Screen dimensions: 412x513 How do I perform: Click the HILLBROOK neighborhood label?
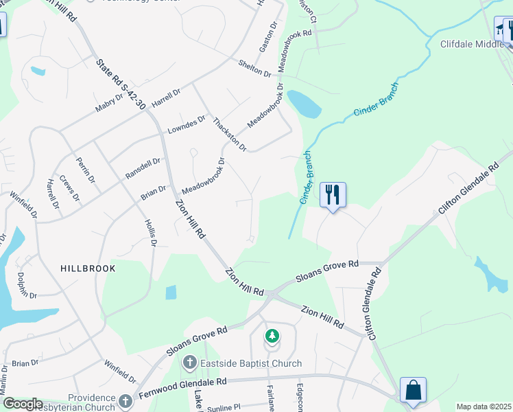[x=87, y=268]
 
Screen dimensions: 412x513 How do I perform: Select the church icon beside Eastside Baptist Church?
[x=190, y=362]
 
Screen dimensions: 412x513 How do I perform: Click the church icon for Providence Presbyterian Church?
[x=125, y=400]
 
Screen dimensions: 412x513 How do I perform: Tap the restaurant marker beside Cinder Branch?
[x=333, y=195]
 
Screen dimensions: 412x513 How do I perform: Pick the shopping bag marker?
[x=413, y=390]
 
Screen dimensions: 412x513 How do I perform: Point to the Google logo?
[x=22, y=404]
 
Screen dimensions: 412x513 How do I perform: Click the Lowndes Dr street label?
[x=187, y=124]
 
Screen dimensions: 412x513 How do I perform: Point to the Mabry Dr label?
[x=110, y=102]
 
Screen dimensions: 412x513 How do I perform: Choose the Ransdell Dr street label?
[x=143, y=168]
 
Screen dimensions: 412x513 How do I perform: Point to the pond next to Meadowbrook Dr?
[x=305, y=104]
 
